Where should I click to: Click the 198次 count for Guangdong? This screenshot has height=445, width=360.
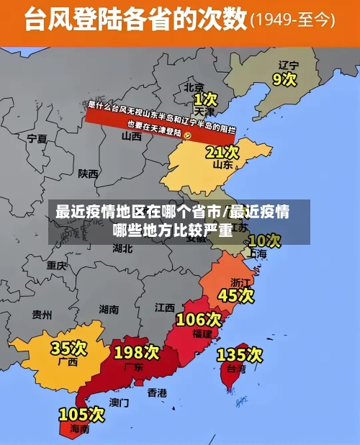(136, 352)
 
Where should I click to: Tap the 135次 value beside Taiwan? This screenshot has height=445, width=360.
(240, 354)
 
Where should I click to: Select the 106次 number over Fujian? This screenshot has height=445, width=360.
(199, 318)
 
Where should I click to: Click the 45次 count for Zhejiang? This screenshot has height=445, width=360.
(236, 295)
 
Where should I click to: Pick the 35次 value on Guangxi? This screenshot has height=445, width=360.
(68, 349)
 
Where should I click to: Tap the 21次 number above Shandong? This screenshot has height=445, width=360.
(222, 152)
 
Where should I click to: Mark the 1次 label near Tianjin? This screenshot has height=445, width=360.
(205, 98)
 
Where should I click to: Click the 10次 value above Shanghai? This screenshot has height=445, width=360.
(264, 240)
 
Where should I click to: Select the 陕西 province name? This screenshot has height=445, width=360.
(89, 173)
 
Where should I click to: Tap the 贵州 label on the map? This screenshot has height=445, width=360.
(42, 314)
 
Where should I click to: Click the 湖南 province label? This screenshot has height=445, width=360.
(108, 310)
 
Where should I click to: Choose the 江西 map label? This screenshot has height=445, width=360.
(164, 307)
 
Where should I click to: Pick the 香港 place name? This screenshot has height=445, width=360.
(156, 392)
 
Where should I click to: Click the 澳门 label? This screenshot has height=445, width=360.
(119, 402)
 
